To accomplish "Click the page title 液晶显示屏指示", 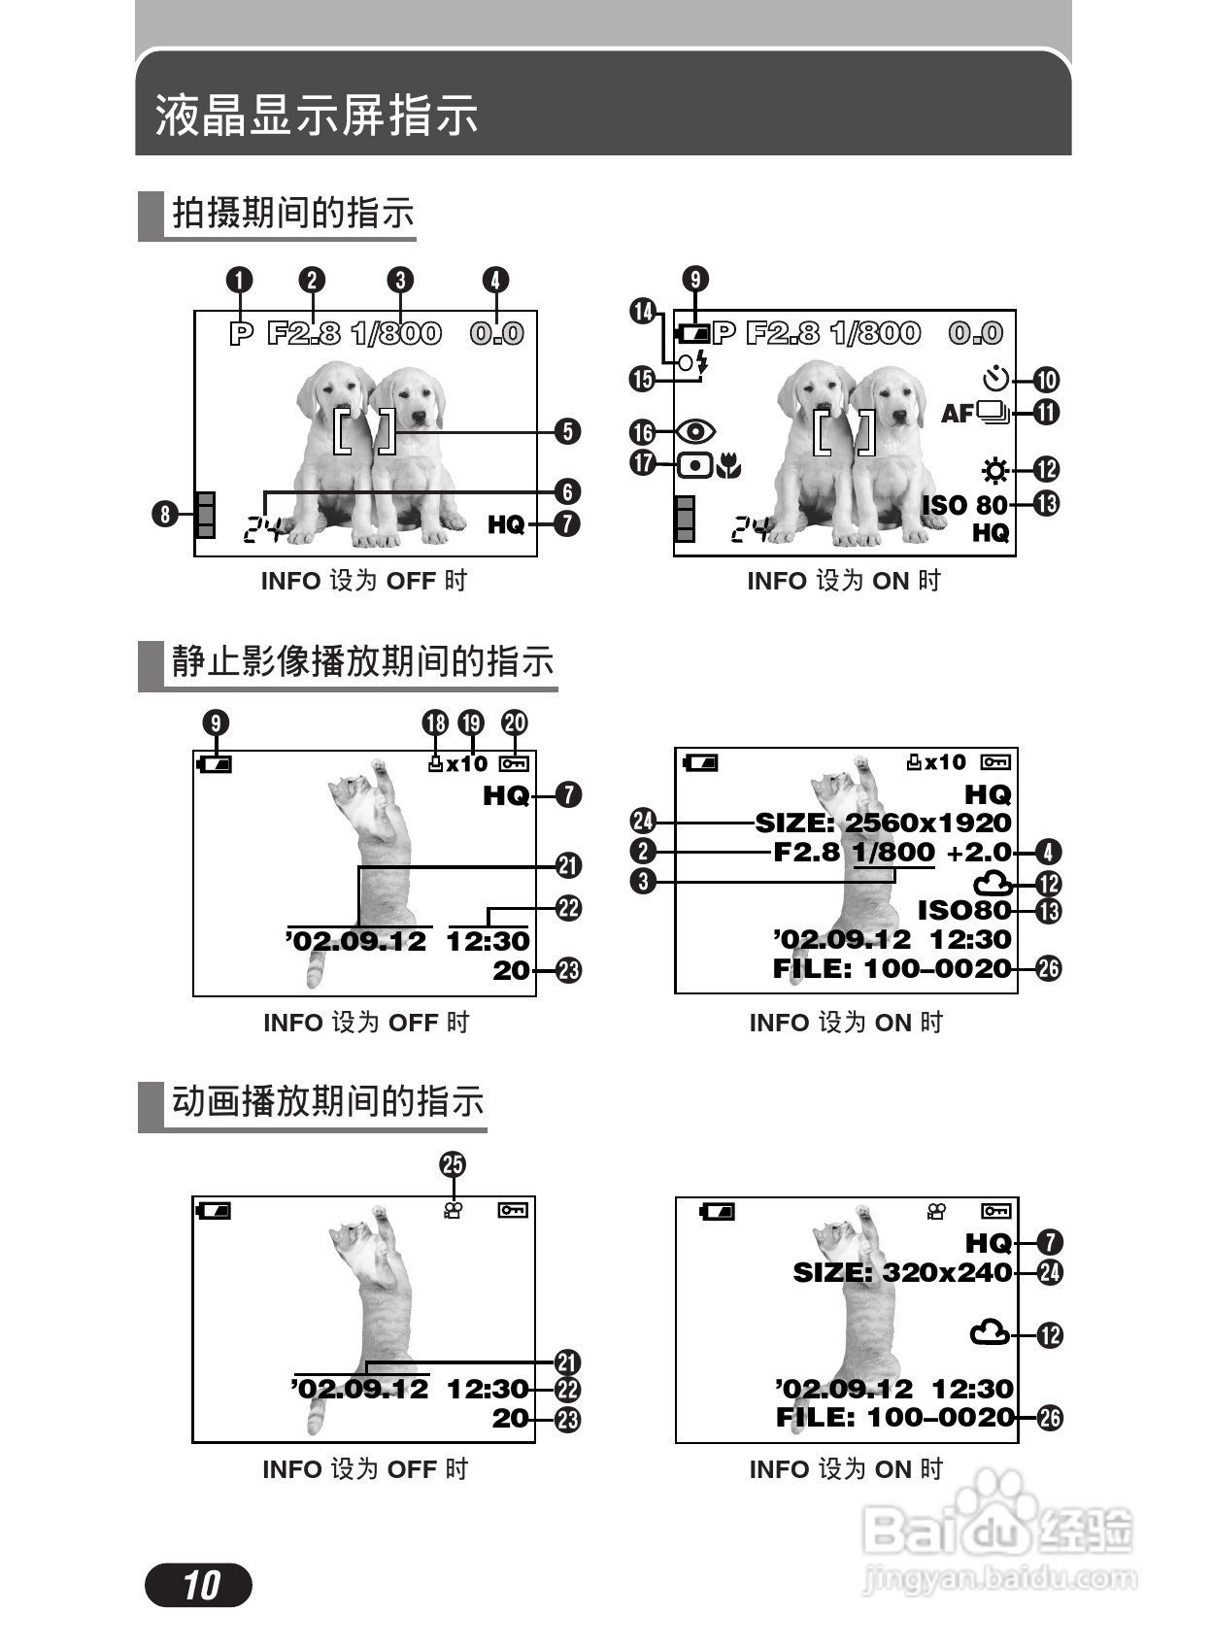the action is tap(317, 115).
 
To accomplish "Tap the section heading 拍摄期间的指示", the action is tap(292, 213).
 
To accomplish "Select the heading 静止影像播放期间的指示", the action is tap(362, 661).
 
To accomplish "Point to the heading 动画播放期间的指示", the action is tap(327, 1101).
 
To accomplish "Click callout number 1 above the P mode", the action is tap(239, 281).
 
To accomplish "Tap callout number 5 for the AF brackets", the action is tap(567, 431).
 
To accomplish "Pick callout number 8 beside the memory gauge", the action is tap(165, 513).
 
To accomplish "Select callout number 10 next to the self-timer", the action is tap(1046, 380).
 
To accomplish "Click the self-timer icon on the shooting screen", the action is tap(996, 378).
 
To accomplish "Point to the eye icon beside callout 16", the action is tap(696, 431).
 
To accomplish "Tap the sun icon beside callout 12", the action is tap(994, 471).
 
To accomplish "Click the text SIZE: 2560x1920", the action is tap(883, 823).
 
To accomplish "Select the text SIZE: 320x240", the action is tap(902, 1272).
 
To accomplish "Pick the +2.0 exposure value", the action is tap(978, 853).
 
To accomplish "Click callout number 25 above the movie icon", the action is tap(453, 1164).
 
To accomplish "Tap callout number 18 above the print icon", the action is tap(435, 723).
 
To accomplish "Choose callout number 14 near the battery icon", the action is tap(643, 312).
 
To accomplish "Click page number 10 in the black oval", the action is tap(199, 1585).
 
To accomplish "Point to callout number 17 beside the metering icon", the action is tap(643, 462).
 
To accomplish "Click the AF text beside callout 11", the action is tap(958, 414).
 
